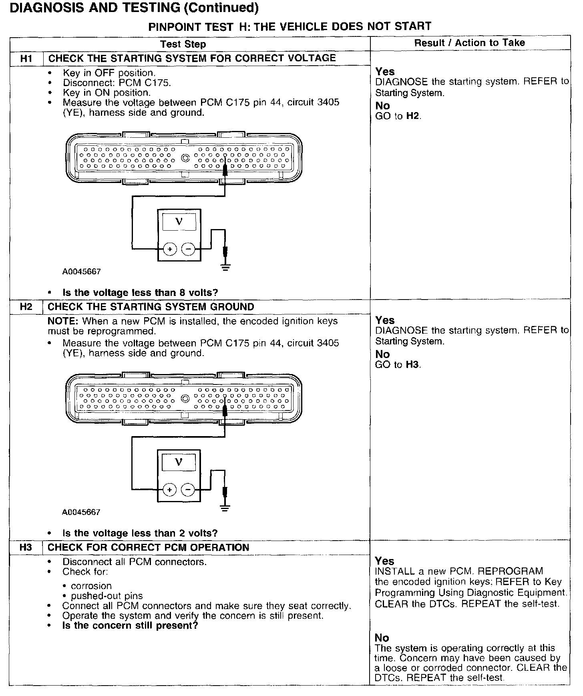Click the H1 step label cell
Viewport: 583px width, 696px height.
tap(26, 58)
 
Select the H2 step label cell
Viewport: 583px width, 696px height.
tap(26, 307)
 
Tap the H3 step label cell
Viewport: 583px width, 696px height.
tap(26, 547)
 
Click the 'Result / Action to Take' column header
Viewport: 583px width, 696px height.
tap(469, 43)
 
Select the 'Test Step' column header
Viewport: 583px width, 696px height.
tap(183, 44)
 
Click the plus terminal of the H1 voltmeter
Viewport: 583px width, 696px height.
tap(170, 249)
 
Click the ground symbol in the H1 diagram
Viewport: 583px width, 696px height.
tap(226, 267)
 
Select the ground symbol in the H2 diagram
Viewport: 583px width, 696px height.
tap(225, 508)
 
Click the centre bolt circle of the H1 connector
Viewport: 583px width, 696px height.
tap(185, 158)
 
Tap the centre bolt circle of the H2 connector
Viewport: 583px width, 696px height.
tap(185, 398)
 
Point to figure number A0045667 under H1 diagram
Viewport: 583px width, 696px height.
tap(81, 272)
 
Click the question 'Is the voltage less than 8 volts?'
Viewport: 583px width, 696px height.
tap(140, 293)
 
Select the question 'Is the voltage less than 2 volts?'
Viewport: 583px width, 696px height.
tap(140, 533)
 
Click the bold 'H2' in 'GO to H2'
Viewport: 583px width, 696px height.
tap(413, 116)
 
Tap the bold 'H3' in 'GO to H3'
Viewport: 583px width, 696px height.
tap(413, 365)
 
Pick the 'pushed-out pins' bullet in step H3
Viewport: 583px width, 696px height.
tap(107, 596)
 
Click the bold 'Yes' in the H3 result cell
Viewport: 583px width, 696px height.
tap(384, 561)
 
